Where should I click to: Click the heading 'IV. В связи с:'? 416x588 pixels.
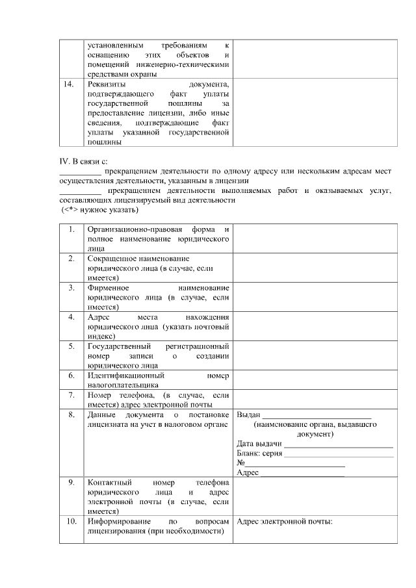tap(81, 160)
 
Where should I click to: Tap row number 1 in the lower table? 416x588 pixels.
tap(71, 230)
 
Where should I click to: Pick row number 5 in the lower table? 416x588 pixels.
tap(71, 347)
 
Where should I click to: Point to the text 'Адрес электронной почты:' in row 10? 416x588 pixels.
tap(285, 521)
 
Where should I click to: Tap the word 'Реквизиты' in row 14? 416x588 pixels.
tap(107, 84)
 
